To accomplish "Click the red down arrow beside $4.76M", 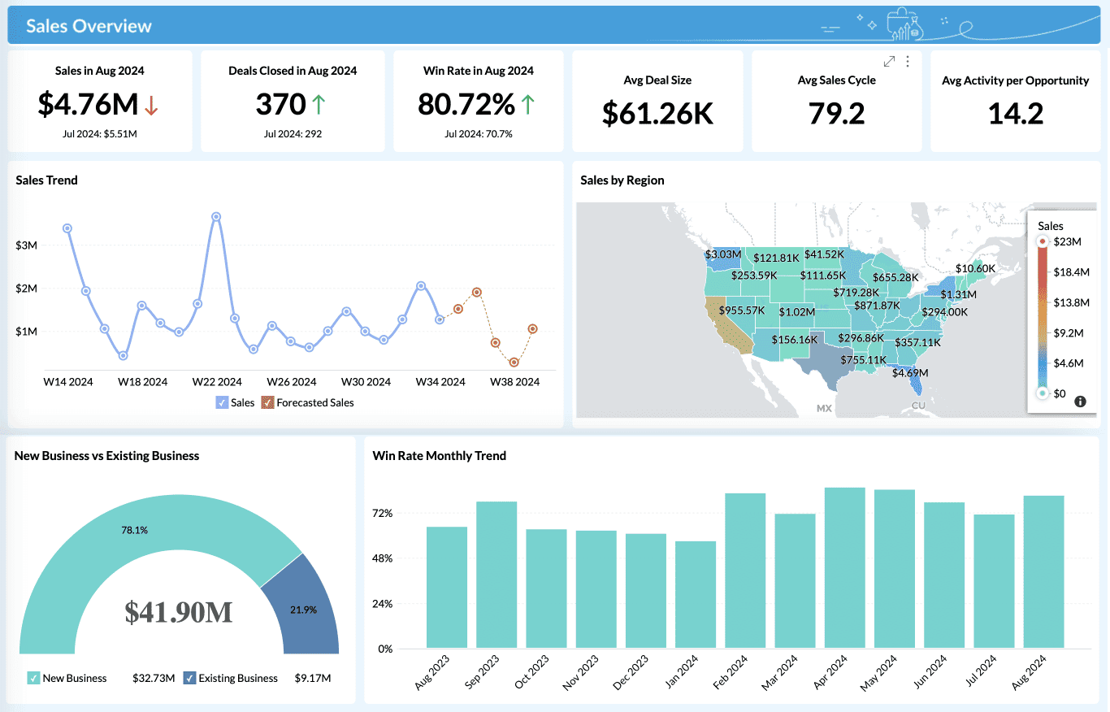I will [x=151, y=105].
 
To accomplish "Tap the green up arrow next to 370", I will [x=319, y=104].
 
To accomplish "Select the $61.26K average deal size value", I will [x=657, y=114].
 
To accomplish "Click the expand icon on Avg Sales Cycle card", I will [x=889, y=62].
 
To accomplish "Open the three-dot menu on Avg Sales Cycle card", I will [x=908, y=62].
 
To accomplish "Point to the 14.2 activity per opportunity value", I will [x=1015, y=114].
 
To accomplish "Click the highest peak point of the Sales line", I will [x=216, y=217].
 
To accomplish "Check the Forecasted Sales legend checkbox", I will [x=267, y=402].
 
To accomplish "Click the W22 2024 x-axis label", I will [x=217, y=382].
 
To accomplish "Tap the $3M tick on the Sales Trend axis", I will [x=27, y=245].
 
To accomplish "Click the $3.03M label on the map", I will [x=722, y=254].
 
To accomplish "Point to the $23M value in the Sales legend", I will [x=1067, y=241].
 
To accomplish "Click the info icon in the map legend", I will [x=1080, y=402].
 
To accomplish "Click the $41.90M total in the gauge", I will [x=179, y=612].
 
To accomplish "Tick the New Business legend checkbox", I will [x=33, y=678].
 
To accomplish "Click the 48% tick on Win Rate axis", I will [x=382, y=558].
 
